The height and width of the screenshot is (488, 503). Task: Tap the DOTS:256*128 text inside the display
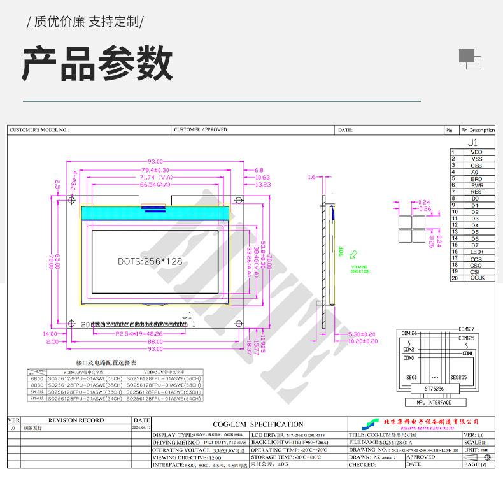click(x=150, y=261)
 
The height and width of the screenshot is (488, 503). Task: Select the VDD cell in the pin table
click(x=476, y=152)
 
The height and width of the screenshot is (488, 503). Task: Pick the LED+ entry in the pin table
click(x=476, y=252)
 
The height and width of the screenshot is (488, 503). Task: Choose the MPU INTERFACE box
click(x=432, y=402)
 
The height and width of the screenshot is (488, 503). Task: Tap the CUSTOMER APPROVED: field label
click(x=201, y=129)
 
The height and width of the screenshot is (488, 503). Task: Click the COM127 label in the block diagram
click(x=467, y=329)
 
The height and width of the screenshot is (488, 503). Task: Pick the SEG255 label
click(x=458, y=377)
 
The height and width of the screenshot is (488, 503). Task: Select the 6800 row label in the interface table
click(x=37, y=378)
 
